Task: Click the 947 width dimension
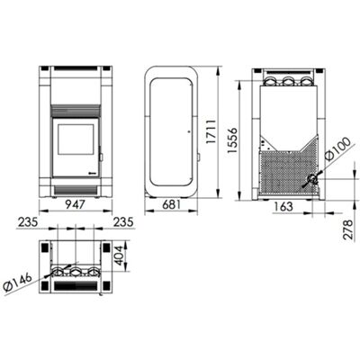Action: click(x=76, y=205)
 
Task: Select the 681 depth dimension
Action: click(x=172, y=205)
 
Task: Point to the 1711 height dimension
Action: click(x=211, y=131)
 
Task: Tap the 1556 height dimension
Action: click(x=232, y=140)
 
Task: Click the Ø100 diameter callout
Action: click(x=337, y=149)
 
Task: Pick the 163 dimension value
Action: click(x=283, y=206)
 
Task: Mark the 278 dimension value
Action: click(x=348, y=229)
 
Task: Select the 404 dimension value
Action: click(x=120, y=256)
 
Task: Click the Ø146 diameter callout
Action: click(x=18, y=282)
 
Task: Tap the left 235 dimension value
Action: click(x=28, y=222)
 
